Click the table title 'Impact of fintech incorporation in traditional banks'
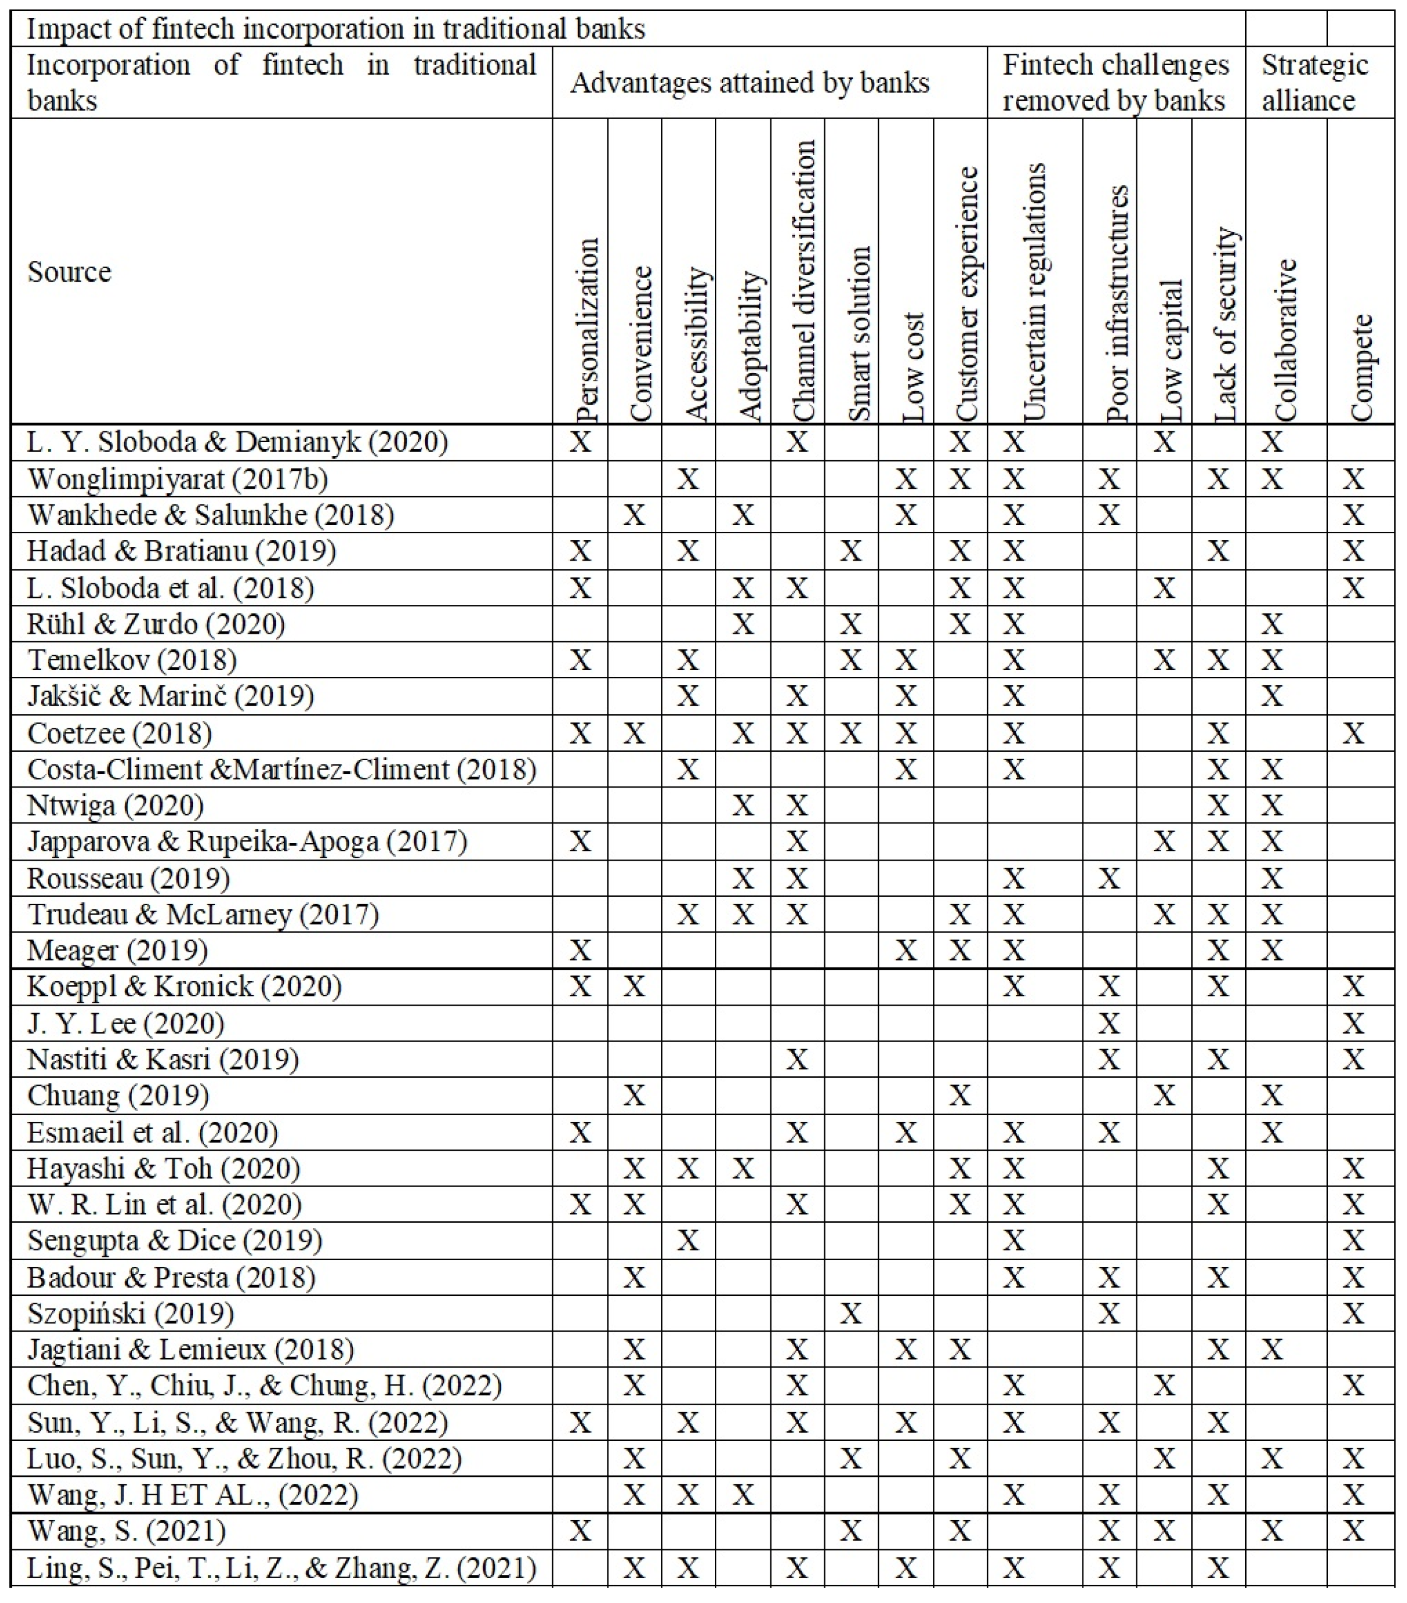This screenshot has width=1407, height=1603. [336, 29]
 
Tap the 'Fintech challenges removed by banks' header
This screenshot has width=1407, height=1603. [1115, 83]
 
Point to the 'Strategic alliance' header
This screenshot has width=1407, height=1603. [1315, 83]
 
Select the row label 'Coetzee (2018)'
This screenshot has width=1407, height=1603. [119, 733]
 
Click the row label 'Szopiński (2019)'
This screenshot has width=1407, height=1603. [130, 1314]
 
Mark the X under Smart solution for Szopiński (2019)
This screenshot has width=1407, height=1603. [851, 1314]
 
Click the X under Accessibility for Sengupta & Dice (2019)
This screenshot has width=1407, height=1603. [688, 1240]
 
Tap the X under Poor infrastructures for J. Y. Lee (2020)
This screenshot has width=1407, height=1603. [1109, 1023]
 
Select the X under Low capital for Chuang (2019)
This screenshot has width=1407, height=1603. [1164, 1096]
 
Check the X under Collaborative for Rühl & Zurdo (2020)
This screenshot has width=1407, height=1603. [1272, 624]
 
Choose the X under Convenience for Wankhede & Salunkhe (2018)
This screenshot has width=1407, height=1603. [634, 515]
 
